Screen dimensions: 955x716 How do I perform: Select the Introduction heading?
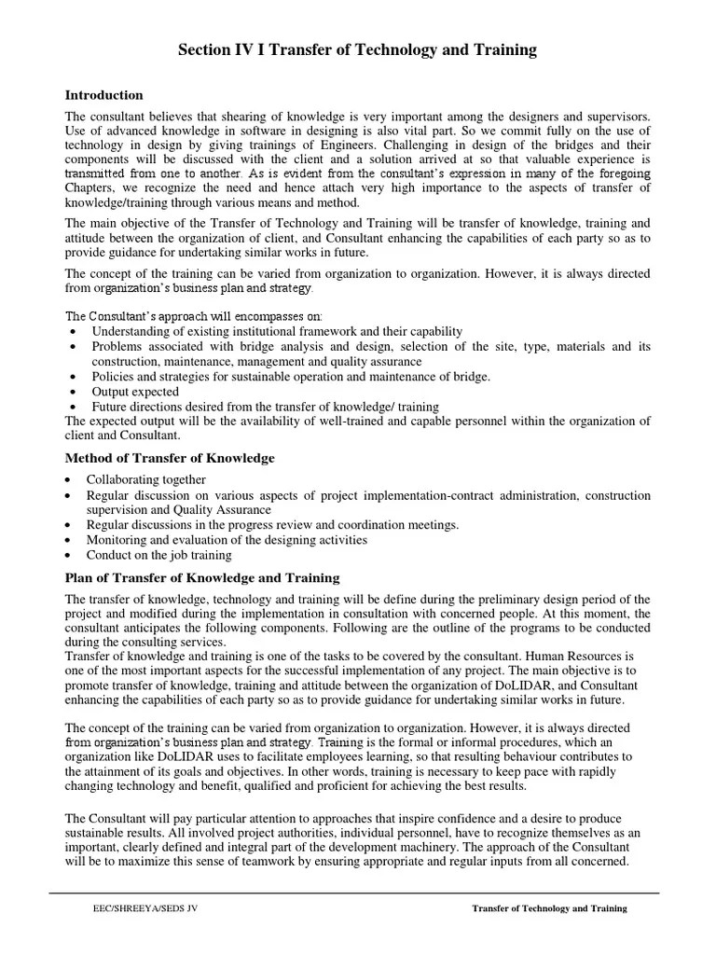(103, 95)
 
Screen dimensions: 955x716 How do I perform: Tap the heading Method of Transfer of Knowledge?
(169, 458)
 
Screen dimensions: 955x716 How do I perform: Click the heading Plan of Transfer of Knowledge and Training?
(202, 578)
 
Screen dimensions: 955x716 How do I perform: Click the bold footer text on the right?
(549, 907)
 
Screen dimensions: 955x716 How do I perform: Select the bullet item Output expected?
(135, 392)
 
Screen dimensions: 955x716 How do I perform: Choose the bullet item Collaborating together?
(146, 479)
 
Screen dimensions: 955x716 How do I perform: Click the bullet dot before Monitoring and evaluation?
(70, 540)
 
